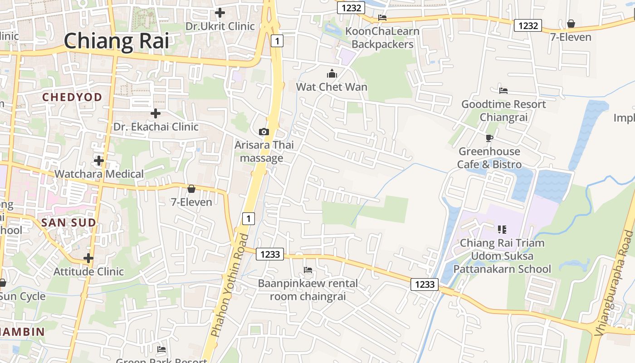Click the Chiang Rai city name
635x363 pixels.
coord(116,41)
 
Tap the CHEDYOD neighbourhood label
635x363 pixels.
coord(72,97)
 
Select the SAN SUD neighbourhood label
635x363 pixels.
coord(68,223)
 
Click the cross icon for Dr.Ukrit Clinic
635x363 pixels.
coord(220,13)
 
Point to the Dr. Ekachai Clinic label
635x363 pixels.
coord(156,127)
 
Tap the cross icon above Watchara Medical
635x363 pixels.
coord(99,160)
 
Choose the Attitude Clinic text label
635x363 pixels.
coord(88,271)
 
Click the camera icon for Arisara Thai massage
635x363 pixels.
coord(264,132)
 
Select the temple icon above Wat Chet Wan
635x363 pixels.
coord(332,74)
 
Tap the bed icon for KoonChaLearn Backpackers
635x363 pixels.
coord(382,18)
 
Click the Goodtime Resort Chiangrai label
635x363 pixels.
coord(503,111)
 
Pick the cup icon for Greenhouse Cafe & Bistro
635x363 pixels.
coord(489,138)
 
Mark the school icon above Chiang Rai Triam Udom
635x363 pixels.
coord(502,230)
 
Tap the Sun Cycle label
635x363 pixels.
coord(23,296)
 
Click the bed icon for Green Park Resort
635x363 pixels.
coord(161,349)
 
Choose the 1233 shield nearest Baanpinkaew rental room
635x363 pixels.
coord(270,254)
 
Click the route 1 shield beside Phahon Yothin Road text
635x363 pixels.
coord(248,219)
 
